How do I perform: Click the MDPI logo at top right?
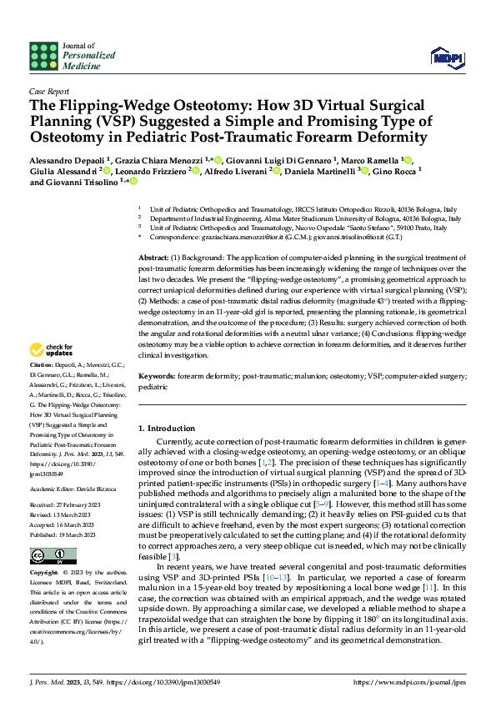448,57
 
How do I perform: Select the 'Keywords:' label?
158,376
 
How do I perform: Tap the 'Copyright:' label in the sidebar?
45,574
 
